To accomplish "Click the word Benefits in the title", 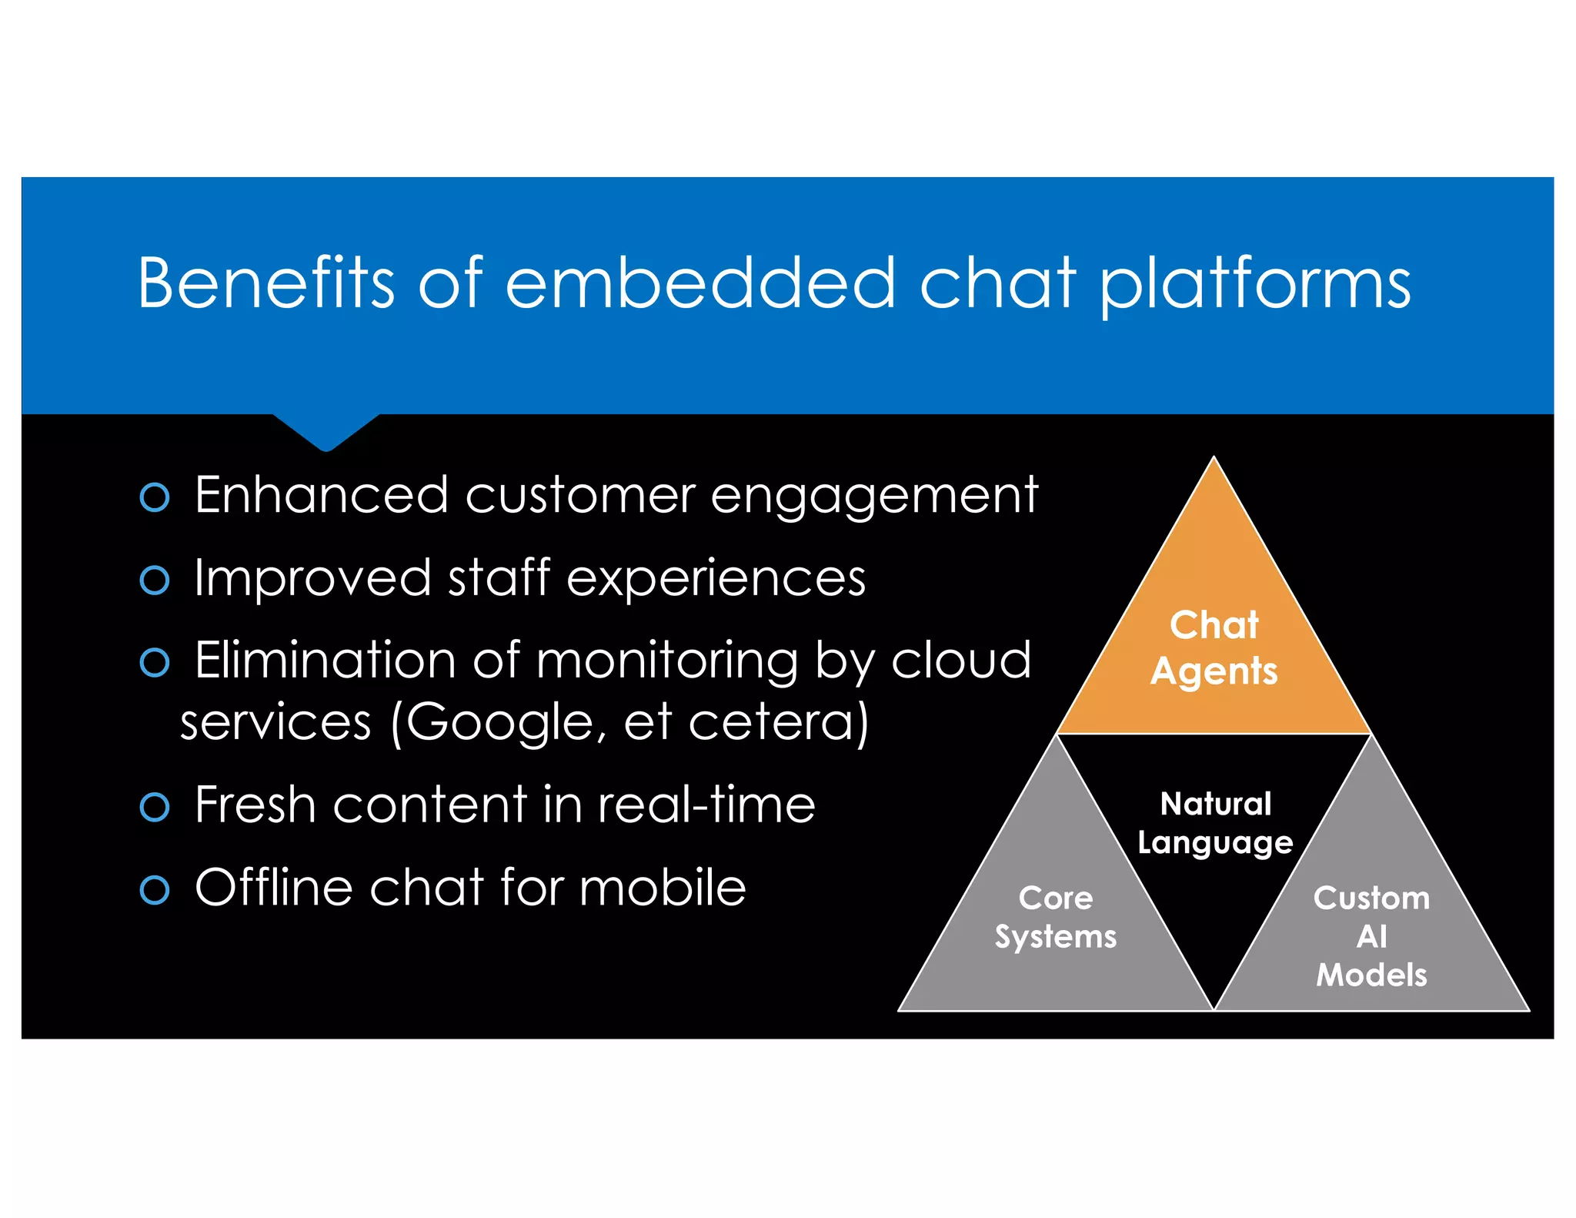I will click(x=265, y=283).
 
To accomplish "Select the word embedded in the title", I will click(x=700, y=283).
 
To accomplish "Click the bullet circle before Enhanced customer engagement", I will click(x=155, y=497).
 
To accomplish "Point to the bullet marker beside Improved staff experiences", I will click(x=155, y=580).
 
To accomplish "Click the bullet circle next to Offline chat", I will click(x=155, y=890).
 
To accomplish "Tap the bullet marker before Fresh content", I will click(x=155, y=807).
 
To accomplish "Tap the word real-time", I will click(x=706, y=805).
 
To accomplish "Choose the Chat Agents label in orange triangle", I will click(x=1214, y=647).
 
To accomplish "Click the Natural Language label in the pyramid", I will click(x=1215, y=823).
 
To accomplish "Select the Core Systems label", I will click(x=1055, y=917).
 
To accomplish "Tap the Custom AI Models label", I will click(x=1371, y=936).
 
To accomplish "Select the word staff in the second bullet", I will click(x=499, y=577).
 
